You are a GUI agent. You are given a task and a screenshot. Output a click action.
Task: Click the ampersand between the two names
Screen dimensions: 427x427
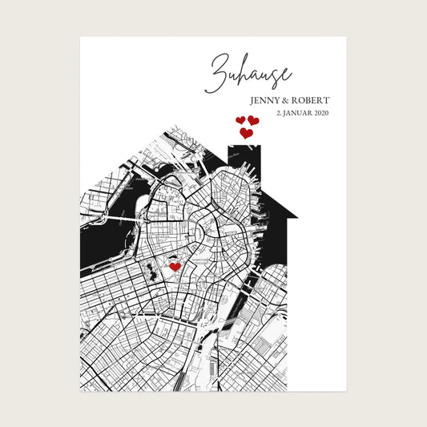tap(292, 101)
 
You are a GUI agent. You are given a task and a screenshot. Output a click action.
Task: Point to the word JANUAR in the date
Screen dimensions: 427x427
tap(297, 113)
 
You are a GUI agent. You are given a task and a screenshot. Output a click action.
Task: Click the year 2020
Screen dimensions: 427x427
tap(320, 113)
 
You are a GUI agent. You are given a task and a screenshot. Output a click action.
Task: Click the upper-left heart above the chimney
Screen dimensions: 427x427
tap(240, 121)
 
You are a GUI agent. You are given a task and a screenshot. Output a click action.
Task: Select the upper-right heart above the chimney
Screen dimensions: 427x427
tap(253, 121)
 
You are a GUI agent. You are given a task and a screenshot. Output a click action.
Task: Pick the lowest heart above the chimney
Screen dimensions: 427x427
tap(246, 133)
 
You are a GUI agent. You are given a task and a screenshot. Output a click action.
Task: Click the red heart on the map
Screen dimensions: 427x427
tap(175, 267)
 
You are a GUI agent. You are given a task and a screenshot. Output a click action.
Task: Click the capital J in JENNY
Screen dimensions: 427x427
tap(252, 101)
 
